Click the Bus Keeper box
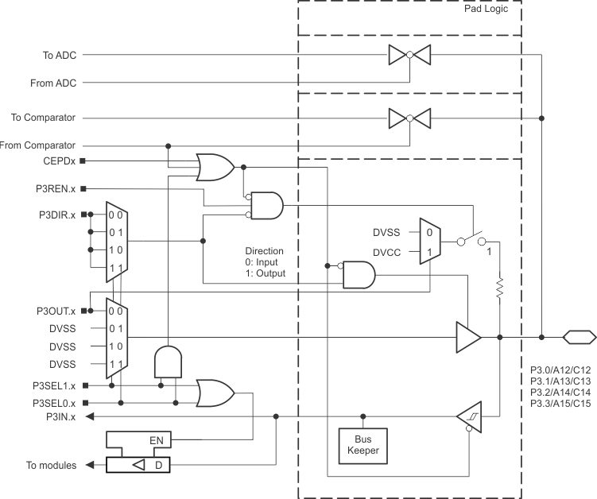[x=363, y=445]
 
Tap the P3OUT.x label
[x=55, y=310]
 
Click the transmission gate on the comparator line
[x=409, y=118]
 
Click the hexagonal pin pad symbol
[x=579, y=337]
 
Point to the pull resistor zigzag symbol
[x=499, y=288]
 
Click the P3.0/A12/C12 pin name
[x=560, y=369]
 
